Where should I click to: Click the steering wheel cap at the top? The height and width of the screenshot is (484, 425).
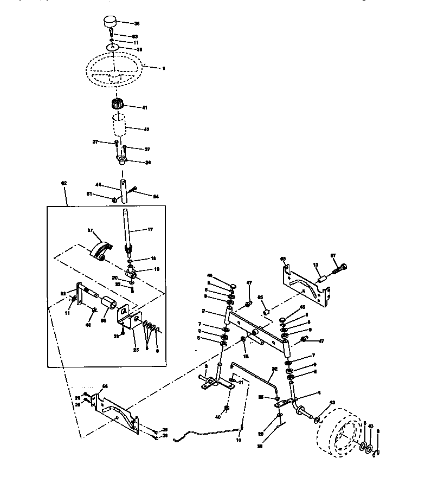(111, 23)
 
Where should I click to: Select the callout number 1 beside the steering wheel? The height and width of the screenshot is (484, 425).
(163, 68)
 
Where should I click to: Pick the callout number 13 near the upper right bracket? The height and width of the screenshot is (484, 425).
(314, 265)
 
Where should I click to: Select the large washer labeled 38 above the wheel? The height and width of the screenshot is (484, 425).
(112, 48)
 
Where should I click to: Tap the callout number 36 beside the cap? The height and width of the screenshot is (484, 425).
(136, 23)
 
